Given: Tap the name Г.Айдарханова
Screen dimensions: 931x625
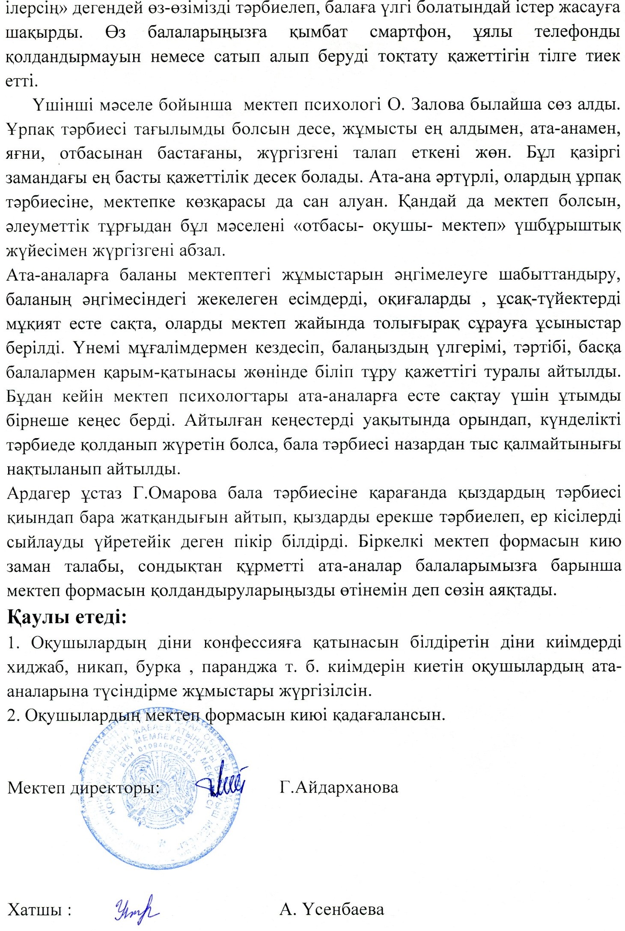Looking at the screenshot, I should pos(339,787).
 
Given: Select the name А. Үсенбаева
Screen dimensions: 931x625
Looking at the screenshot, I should pos(332,909).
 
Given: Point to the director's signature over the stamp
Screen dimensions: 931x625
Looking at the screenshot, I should pos(223,782).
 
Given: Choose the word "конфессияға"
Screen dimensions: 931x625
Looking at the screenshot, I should pos(252,642).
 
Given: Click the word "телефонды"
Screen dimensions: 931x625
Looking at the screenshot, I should pos(577,33).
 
